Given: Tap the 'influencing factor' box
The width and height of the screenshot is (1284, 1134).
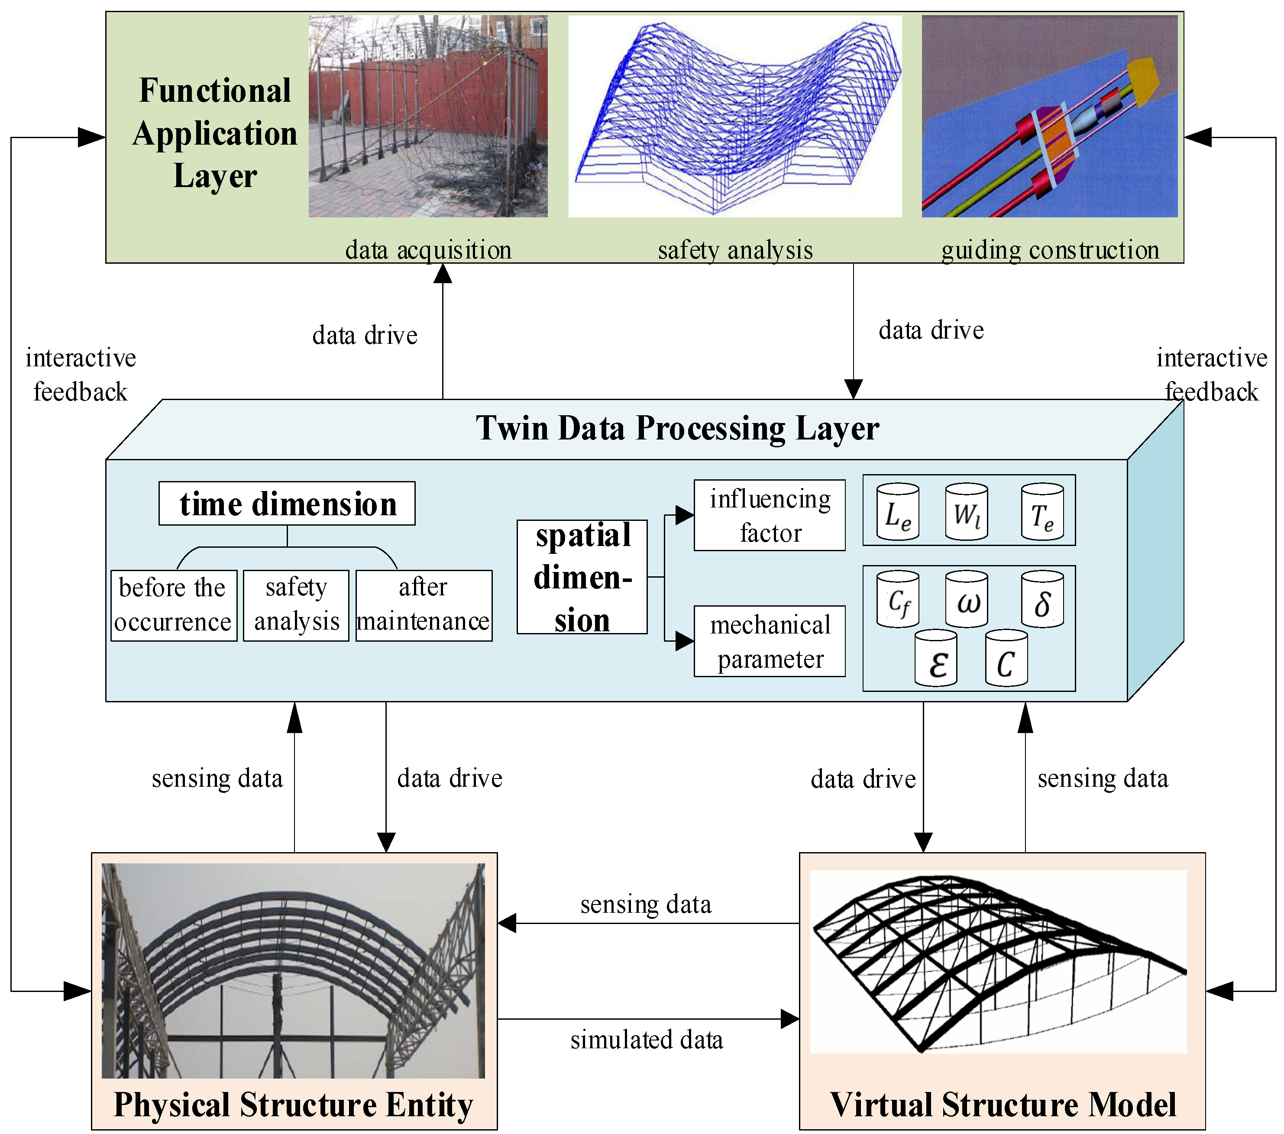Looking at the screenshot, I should click(x=769, y=515).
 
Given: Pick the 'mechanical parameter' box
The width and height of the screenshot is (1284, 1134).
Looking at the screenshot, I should click(x=769, y=641).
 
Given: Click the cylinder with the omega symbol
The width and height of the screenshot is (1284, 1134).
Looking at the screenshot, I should click(x=966, y=599).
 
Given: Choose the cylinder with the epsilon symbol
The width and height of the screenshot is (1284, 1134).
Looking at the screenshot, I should click(x=935, y=659).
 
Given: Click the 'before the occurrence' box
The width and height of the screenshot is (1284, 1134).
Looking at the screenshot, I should click(x=173, y=605).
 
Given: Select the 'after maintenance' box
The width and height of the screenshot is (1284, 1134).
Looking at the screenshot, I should click(x=424, y=605).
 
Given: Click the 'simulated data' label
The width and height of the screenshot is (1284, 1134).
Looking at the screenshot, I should click(x=647, y=1040).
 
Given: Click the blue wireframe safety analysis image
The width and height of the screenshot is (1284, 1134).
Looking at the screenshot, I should click(x=734, y=116).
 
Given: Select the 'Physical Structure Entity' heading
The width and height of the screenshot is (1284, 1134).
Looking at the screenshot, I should click(x=293, y=1105).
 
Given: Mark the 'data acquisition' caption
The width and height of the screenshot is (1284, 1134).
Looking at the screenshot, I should click(x=428, y=250).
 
